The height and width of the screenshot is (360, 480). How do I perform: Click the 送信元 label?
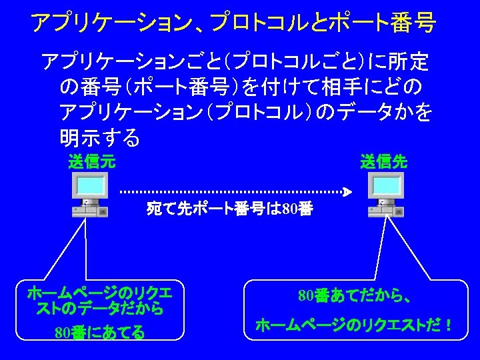click(x=92, y=161)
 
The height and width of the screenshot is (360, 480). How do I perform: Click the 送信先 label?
click(x=384, y=161)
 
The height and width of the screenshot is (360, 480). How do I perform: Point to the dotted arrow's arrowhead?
click(x=347, y=192)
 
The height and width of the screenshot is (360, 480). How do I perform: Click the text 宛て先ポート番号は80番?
click(x=229, y=210)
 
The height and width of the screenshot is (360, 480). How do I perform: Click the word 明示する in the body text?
click(x=100, y=137)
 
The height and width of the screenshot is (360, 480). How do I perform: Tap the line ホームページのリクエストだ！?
click(x=354, y=326)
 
